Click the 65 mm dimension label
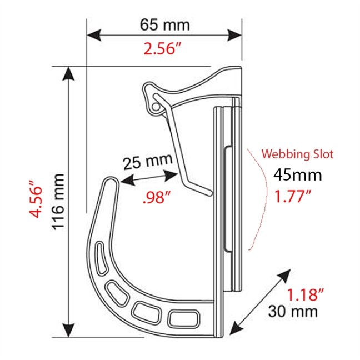pos(165,25)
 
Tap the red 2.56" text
pos(162,48)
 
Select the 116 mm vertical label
pos(58,202)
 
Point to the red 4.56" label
pos(37,199)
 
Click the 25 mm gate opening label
pos(148,161)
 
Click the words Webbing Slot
pos(298,154)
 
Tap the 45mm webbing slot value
pos(298,174)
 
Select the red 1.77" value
pos(292,196)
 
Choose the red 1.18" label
pos(306,294)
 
